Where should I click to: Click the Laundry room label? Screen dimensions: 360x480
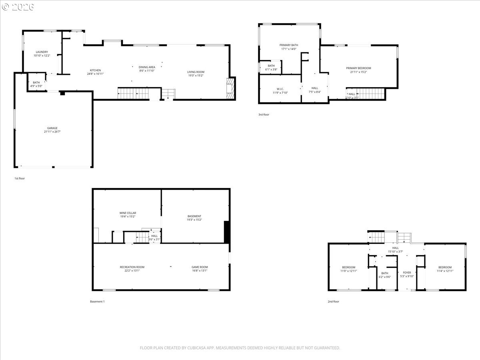42,52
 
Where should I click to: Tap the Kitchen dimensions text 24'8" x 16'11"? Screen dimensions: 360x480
95,74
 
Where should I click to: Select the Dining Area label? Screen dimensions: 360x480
147,67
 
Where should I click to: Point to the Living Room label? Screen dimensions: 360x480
196,72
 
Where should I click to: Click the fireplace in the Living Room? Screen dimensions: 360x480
230,88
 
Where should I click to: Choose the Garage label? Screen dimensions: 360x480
52,128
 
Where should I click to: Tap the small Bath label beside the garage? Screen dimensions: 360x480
36,82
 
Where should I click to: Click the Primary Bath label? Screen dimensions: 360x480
288,45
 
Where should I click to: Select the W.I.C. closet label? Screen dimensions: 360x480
280,89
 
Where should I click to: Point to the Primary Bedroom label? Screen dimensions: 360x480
358,68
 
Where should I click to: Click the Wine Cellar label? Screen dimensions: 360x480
128,213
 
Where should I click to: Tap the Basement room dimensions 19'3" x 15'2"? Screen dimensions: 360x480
194,220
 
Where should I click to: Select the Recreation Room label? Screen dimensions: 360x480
132,267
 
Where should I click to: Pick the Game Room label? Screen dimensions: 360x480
200,267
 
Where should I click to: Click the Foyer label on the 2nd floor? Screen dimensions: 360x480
407,272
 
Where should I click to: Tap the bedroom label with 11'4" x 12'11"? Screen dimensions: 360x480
445,267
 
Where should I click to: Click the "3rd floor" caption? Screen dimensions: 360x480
264,115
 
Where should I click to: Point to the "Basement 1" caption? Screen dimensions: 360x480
97,302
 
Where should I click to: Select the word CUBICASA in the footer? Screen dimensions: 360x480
197,348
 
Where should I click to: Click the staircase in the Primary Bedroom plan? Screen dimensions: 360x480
370,94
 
